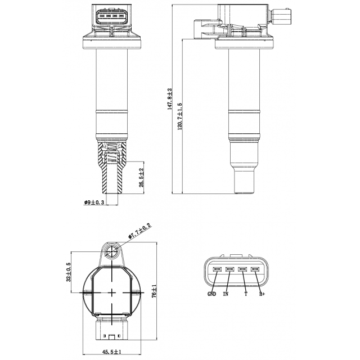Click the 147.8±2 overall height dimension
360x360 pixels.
pyautogui.click(x=170, y=99)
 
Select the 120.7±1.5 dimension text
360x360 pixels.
pyautogui.click(x=180, y=116)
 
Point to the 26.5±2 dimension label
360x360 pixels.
pyautogui.click(x=141, y=178)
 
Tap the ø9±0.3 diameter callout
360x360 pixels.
pyautogui.click(x=94, y=202)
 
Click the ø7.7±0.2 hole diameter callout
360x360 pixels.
pyautogui.click(x=140, y=231)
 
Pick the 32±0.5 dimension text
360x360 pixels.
pyautogui.click(x=69, y=272)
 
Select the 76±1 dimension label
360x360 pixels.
pyautogui.click(x=154, y=291)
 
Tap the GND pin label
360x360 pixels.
pyautogui.click(x=211, y=294)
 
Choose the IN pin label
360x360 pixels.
pyautogui.click(x=226, y=294)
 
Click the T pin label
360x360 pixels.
pyautogui.click(x=246, y=294)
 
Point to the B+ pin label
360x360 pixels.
pyautogui.click(x=262, y=294)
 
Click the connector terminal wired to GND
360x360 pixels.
pyautogui.click(x=217, y=269)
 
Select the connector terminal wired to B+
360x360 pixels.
pyautogui.click(x=255, y=269)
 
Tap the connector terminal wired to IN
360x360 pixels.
pyautogui.click(x=229, y=269)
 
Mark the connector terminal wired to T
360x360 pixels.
pyautogui.click(x=242, y=269)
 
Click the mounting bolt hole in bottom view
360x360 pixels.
pyautogui.click(x=111, y=251)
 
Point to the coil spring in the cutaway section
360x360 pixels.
pyautogui.click(x=112, y=152)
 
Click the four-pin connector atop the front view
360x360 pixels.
pyautogui.click(x=111, y=16)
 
